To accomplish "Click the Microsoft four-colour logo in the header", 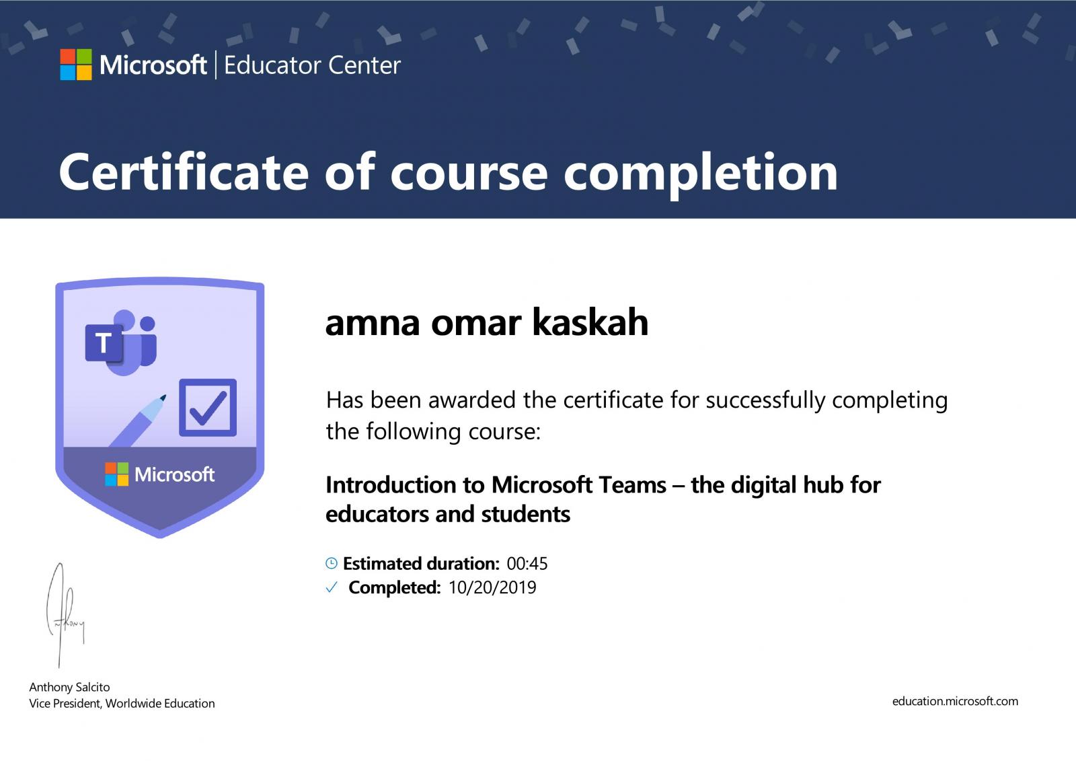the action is pos(76,65).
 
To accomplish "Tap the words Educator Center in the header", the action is pos(312,65).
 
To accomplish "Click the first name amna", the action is pos(373,324).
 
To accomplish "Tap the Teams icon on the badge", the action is pos(121,342).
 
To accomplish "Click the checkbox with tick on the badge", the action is pos(208,407).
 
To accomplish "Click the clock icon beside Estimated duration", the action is pos(332,563).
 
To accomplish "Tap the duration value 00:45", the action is pos(527,563).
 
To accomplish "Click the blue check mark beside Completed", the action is pos(332,587).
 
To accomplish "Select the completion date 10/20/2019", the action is pos(492,587).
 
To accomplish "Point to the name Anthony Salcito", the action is pos(70,688).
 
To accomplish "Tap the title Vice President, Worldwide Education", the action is pos(122,704).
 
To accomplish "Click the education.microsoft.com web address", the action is pos(955,701).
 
